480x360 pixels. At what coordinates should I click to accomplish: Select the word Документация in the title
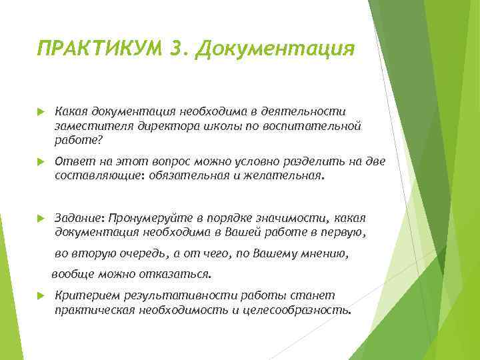click(x=275, y=49)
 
